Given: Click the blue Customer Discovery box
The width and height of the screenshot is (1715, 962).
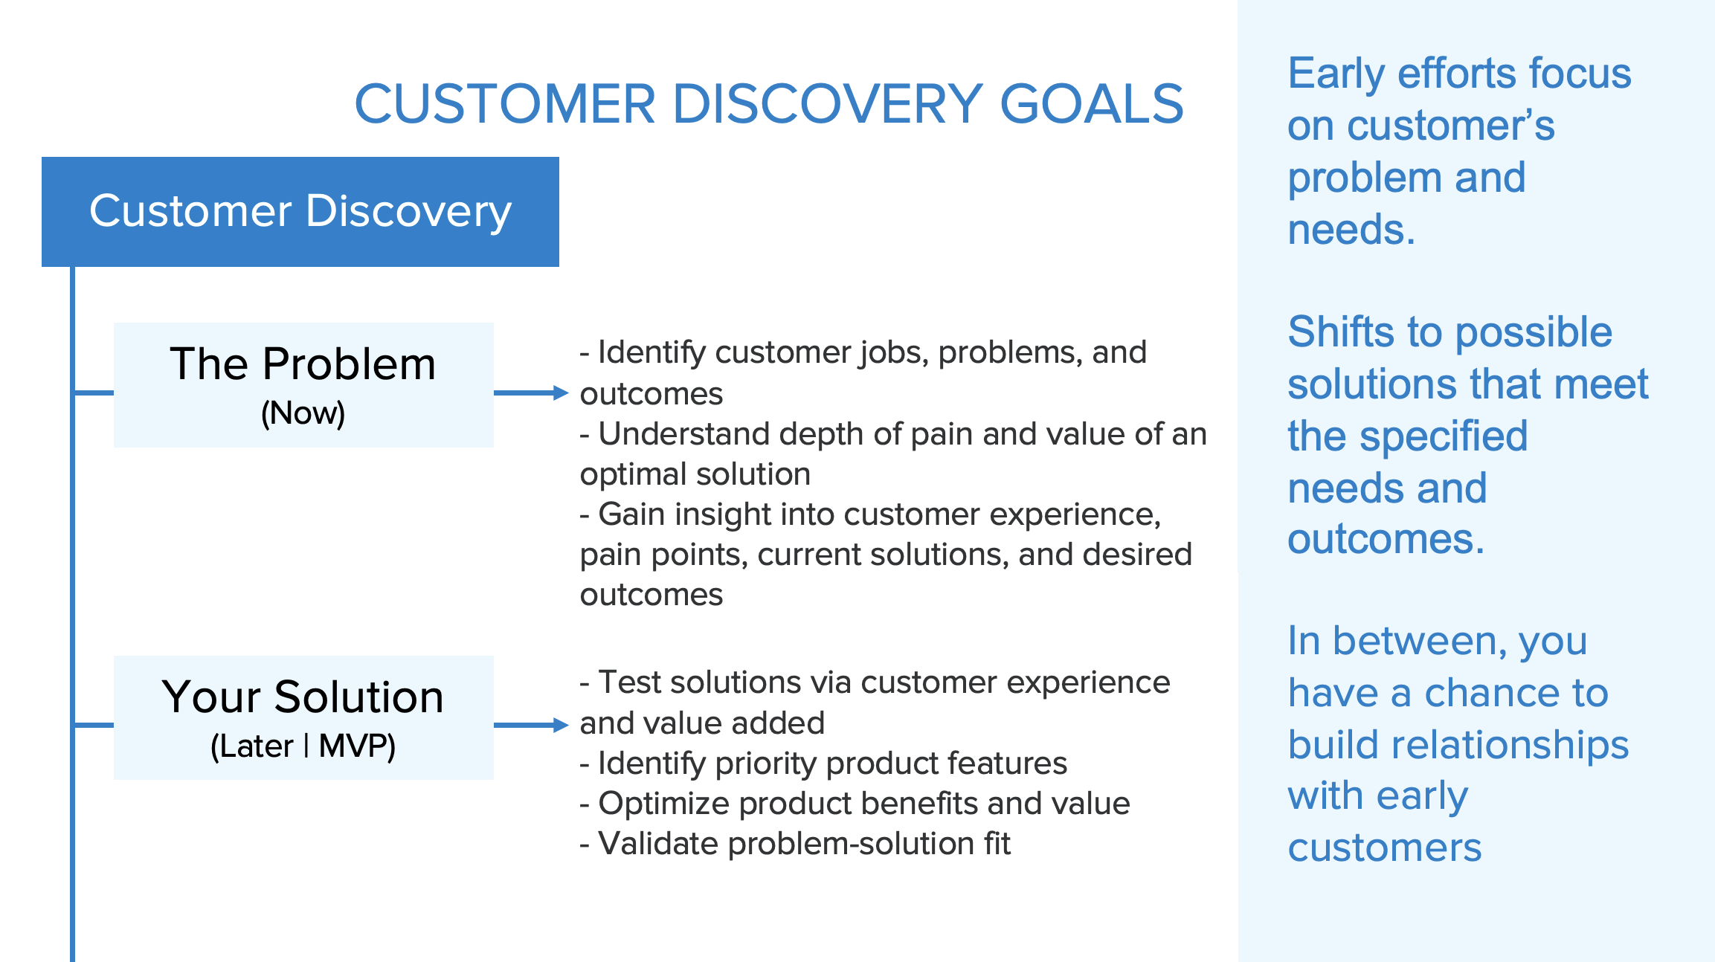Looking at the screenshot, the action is [300, 212].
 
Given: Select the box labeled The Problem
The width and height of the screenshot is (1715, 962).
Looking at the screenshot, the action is [303, 385].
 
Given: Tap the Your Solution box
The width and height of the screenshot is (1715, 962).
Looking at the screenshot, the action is [303, 717].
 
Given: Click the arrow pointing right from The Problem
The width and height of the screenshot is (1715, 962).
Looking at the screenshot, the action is [531, 393].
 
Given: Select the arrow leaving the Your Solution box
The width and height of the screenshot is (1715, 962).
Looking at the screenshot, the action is [531, 725].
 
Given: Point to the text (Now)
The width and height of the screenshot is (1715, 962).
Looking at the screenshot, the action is [303, 413].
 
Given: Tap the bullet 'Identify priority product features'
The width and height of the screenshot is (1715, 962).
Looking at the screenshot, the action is [824, 764].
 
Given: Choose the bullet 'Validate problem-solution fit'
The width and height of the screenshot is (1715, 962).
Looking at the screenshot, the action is [796, 844].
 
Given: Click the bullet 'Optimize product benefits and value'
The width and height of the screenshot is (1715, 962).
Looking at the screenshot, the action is [855, 804].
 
